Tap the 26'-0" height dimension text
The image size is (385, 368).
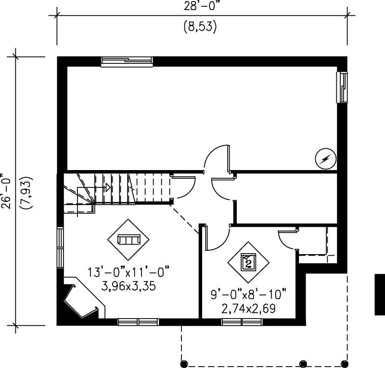tap(6, 190)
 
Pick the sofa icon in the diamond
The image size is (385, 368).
tap(128, 239)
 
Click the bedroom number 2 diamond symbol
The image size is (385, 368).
tap(248, 262)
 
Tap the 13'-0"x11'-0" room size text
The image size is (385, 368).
tap(128, 272)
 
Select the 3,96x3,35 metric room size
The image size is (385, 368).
tap(128, 287)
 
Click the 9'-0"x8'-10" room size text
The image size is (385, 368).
tap(249, 293)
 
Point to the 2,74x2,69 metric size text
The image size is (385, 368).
tap(249, 308)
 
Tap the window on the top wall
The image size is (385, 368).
tap(127, 61)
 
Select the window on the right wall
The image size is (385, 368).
tap(342, 87)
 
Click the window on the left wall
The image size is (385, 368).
tap(60, 246)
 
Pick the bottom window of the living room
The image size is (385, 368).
tap(138, 322)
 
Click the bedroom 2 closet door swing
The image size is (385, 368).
tap(288, 238)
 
